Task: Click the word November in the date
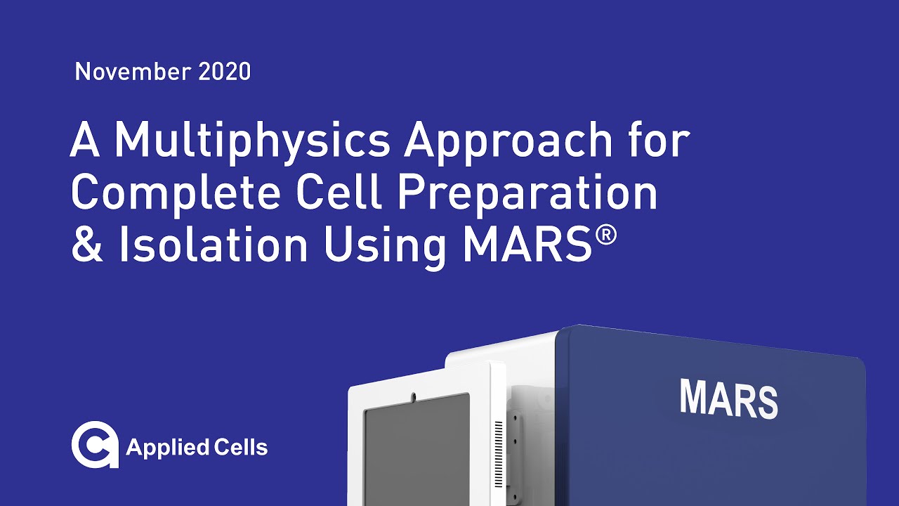tap(122, 72)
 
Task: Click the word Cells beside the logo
tap(240, 447)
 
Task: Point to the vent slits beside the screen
tap(499, 450)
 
